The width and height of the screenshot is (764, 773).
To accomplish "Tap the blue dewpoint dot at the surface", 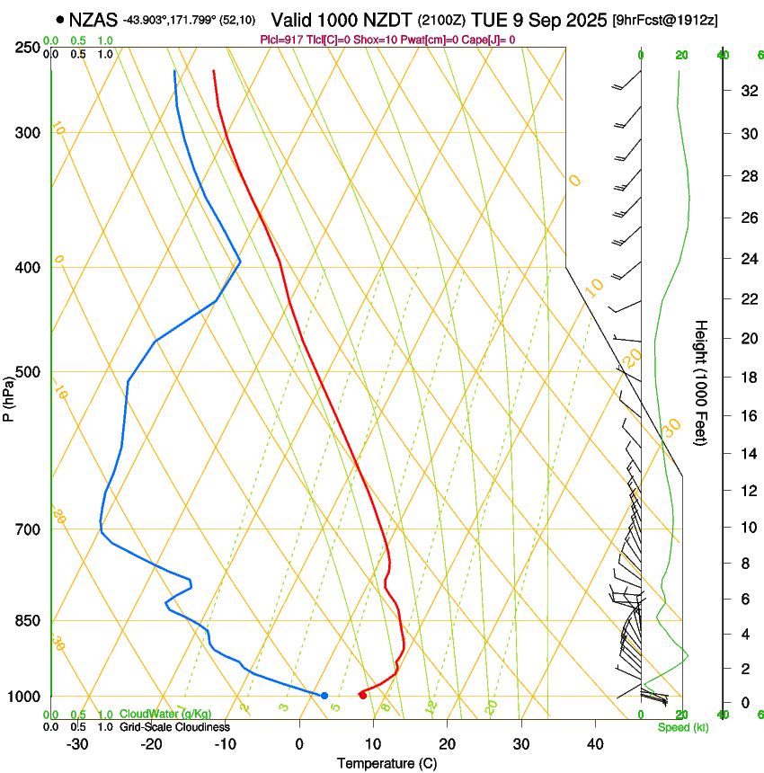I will point(324,696).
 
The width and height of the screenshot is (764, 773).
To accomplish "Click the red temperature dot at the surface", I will point(362,695).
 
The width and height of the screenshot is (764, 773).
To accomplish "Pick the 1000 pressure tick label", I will point(26,697).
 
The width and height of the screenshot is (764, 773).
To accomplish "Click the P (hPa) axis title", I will point(9,395).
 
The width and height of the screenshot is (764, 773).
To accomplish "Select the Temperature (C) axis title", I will point(386,763).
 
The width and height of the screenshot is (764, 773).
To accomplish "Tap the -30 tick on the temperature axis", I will point(77,744).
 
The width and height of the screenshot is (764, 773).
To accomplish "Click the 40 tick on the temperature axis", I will point(594,744).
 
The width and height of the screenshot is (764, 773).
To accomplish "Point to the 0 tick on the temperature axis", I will point(299,744).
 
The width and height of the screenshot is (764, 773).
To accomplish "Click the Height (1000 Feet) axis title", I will point(702,382).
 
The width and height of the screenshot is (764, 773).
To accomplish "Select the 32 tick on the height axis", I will point(746,91).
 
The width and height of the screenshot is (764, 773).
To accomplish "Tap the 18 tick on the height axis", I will point(746,378).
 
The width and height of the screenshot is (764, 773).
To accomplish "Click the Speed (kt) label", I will point(683,727).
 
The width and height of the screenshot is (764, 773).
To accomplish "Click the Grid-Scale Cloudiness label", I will point(174,726).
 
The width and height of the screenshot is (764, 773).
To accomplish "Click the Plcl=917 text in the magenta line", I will point(282,40).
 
